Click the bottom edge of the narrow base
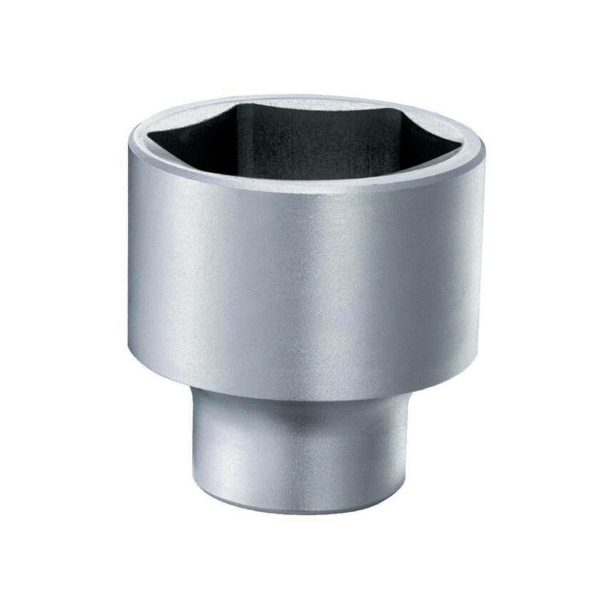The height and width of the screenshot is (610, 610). [300, 511]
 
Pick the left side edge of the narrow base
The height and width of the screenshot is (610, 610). [192, 450]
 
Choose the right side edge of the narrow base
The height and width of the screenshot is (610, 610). [408, 450]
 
